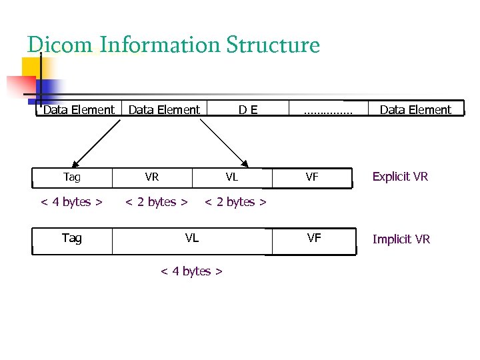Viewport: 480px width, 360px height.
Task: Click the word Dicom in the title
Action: coord(61,45)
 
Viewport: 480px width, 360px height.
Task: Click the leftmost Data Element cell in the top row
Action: coord(79,109)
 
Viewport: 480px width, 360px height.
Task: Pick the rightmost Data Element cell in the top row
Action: coord(415,109)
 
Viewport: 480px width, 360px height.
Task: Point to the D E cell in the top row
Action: coord(249,109)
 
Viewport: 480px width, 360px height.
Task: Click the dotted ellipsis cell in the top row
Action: coord(327,109)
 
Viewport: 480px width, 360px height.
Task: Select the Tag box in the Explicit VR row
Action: coord(72,177)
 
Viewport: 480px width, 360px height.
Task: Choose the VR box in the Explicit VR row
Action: coord(152,177)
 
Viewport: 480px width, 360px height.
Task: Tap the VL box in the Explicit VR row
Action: coord(232,177)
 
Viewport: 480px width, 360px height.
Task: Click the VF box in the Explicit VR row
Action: coord(312,177)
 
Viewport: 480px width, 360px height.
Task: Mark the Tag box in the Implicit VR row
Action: coord(72,238)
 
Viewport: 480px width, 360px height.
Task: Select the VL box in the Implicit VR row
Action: coord(192,238)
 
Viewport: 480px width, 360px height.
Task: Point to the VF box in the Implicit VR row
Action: coord(314,238)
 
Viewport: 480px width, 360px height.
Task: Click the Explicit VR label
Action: coord(400,177)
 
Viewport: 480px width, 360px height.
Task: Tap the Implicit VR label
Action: coord(401,239)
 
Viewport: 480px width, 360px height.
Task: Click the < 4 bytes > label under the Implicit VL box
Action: coord(191,271)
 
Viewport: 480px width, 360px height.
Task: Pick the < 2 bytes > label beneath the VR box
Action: coord(157,202)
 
